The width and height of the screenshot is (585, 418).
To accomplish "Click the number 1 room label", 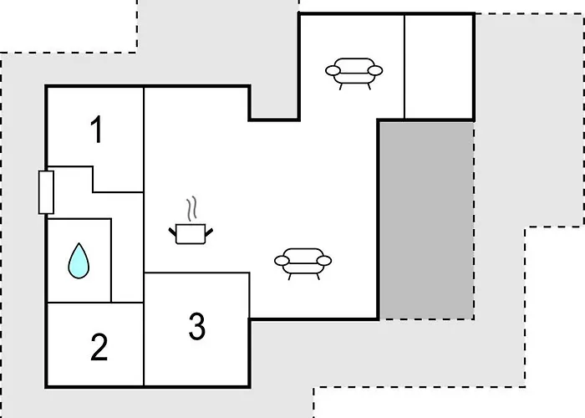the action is point(97,129).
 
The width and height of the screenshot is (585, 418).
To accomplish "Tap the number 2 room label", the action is point(99,347).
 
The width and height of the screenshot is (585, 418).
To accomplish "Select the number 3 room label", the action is point(197,327).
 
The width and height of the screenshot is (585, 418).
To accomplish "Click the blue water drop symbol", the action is point(79,261).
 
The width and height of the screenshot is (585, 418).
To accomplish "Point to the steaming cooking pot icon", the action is point(191,221).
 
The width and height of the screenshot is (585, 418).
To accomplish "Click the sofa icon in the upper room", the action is point(354,74).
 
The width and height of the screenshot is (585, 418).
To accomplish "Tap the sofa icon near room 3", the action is point(303,263).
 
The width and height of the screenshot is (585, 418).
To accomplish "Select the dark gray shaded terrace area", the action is point(427,220).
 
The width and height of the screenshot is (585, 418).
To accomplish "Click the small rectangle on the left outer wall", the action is point(46,192).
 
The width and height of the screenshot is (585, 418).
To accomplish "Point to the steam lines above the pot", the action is point(191,209).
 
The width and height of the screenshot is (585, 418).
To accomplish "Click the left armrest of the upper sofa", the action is point(333,70).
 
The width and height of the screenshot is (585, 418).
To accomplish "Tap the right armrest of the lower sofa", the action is point(324,261).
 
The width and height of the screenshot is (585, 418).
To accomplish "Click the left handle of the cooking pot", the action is point(172,232).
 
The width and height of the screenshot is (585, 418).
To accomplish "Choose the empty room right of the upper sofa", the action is point(439,67).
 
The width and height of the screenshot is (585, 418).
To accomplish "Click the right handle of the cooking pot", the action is point(209,232).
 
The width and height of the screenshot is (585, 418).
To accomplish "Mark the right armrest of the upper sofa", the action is point(375,70).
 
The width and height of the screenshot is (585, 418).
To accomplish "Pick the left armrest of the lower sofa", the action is point(282,261).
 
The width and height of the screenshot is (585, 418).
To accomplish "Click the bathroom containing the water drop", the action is point(79,261).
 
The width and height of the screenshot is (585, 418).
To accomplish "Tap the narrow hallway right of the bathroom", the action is point(127,247).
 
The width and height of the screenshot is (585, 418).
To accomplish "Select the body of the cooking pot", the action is point(191,234).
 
